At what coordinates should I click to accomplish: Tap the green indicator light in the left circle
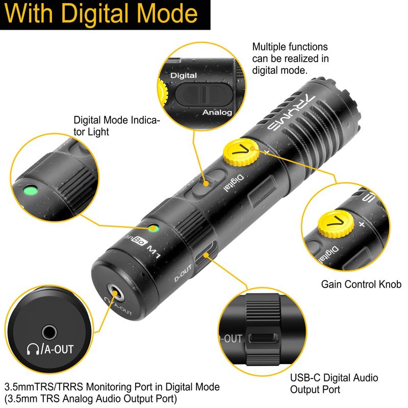(x=31, y=190)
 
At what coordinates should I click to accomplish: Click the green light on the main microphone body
(x=154, y=228)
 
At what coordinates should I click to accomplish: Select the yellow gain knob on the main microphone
(x=241, y=152)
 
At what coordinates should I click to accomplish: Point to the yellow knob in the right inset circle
(x=336, y=224)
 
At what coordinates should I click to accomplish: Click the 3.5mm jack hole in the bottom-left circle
(x=49, y=333)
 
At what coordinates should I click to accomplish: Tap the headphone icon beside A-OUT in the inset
(x=33, y=349)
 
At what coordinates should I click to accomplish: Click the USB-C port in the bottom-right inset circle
(x=263, y=338)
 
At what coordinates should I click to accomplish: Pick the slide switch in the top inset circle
(x=203, y=94)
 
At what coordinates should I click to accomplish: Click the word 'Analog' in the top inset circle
(x=217, y=112)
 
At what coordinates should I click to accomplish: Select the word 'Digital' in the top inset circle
(x=184, y=75)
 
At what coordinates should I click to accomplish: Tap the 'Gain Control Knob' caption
(x=361, y=284)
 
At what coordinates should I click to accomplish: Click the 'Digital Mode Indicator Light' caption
(x=116, y=126)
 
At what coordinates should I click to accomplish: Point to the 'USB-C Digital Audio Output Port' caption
(x=334, y=384)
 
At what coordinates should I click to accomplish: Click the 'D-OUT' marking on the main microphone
(x=183, y=273)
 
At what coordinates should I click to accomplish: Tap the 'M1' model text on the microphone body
(x=154, y=251)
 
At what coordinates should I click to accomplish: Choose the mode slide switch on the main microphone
(x=205, y=183)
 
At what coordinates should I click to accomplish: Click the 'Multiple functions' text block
(x=290, y=59)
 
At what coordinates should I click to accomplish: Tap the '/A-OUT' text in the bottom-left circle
(x=58, y=349)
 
